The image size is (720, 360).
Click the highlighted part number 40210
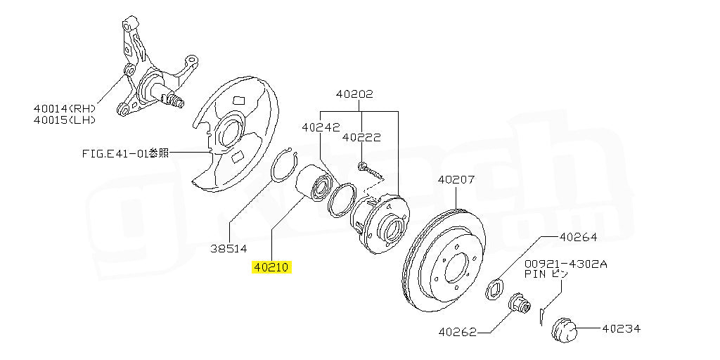pos(271,268)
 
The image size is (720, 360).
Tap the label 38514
pos(229,247)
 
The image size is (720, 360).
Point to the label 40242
pos(321,128)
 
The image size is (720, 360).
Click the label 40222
pos(361,138)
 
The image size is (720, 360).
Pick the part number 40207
pos(457,179)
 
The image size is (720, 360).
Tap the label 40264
pos(578,237)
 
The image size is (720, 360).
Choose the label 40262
pos(458,331)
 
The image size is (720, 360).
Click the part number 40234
pos(622,328)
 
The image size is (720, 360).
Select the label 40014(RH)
pos(64,108)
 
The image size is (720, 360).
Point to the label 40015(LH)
pos(64,120)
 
